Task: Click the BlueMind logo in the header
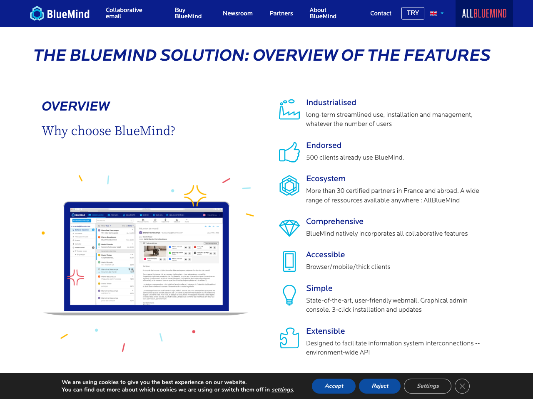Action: [60, 14]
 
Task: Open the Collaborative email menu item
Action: [124, 13]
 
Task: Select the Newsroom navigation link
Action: [237, 13]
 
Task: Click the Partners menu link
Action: [281, 13]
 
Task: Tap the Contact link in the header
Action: [381, 13]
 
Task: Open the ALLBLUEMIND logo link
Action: [484, 13]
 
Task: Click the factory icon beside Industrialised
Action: [289, 109]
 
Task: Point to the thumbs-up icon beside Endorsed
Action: [289, 152]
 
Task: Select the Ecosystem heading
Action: [326, 179]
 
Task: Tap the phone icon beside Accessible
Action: [289, 261]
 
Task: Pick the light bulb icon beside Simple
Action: [289, 295]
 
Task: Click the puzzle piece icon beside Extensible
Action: [289, 338]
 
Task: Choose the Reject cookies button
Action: [380, 386]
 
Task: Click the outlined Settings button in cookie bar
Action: [427, 386]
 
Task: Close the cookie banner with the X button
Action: [462, 386]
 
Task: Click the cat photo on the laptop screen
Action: [155, 251]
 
